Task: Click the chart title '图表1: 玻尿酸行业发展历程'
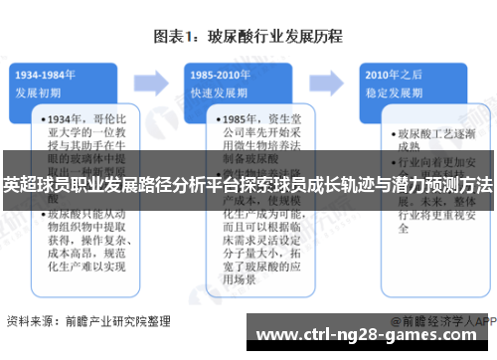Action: click(248, 37)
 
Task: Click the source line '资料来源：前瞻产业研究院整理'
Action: click(87, 321)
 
